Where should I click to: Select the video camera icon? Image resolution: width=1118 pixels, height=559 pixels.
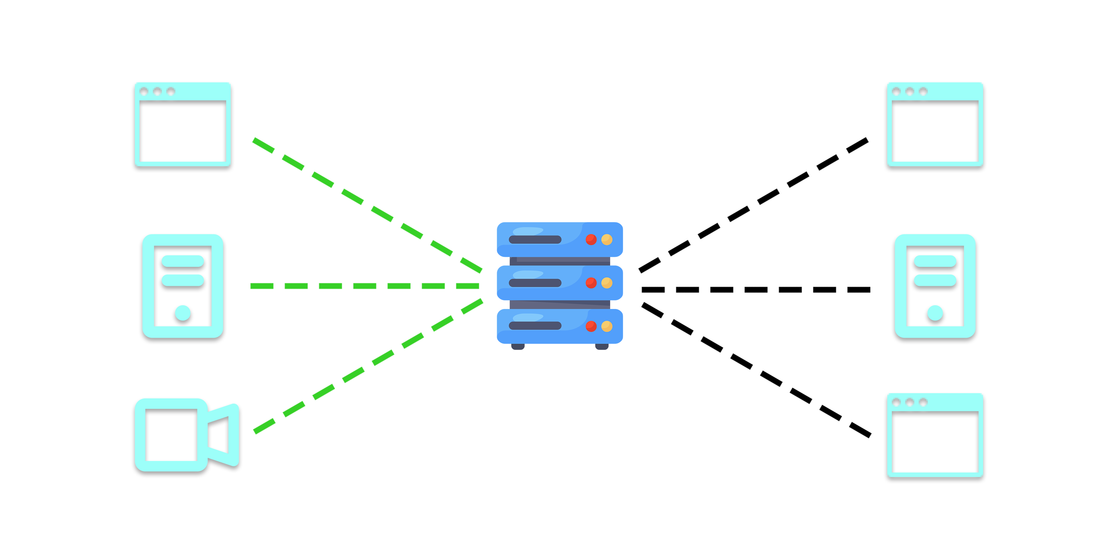[x=187, y=435]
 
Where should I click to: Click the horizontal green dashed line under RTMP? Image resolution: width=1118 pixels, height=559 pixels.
[x=364, y=286]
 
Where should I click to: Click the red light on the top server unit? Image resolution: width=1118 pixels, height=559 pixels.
[x=591, y=240]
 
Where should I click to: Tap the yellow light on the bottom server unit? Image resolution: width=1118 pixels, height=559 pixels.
[x=607, y=326]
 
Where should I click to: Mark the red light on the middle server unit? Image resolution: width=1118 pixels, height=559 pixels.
[x=591, y=283]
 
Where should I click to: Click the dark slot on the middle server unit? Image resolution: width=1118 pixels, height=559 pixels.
[x=535, y=283]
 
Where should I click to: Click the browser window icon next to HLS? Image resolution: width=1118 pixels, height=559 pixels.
[x=935, y=124]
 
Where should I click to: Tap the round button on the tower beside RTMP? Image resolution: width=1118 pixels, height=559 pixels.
[x=183, y=313]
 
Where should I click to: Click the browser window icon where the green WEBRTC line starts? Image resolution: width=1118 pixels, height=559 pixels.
[x=183, y=124]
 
